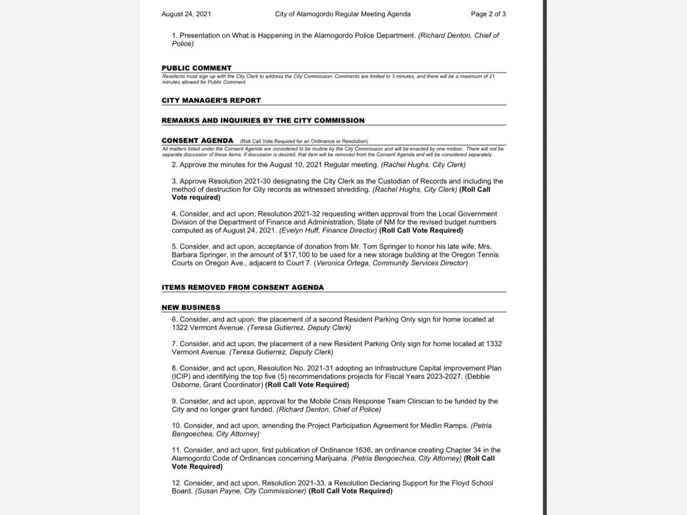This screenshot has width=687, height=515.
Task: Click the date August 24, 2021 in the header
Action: tap(186, 14)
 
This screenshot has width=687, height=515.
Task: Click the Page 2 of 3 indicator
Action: tap(488, 14)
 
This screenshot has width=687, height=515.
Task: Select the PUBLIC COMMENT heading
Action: tap(196, 68)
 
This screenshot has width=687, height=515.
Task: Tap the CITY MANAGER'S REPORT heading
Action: tap(211, 101)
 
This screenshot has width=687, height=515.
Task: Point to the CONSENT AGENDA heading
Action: tap(198, 141)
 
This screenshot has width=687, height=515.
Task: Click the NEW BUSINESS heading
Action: tap(191, 307)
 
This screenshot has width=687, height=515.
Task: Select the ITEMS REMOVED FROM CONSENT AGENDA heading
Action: tap(242, 287)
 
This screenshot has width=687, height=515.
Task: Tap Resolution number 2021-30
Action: tap(274, 181)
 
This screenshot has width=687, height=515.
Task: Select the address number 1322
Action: tap(181, 328)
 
